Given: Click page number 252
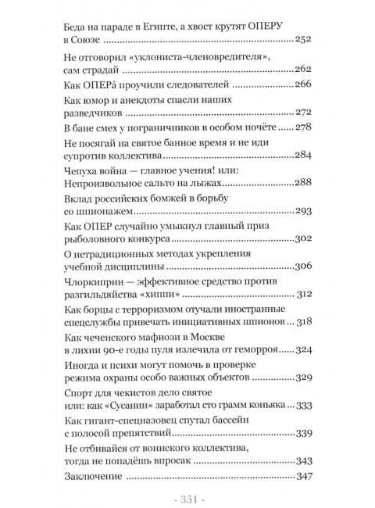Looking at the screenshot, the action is [305, 39].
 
